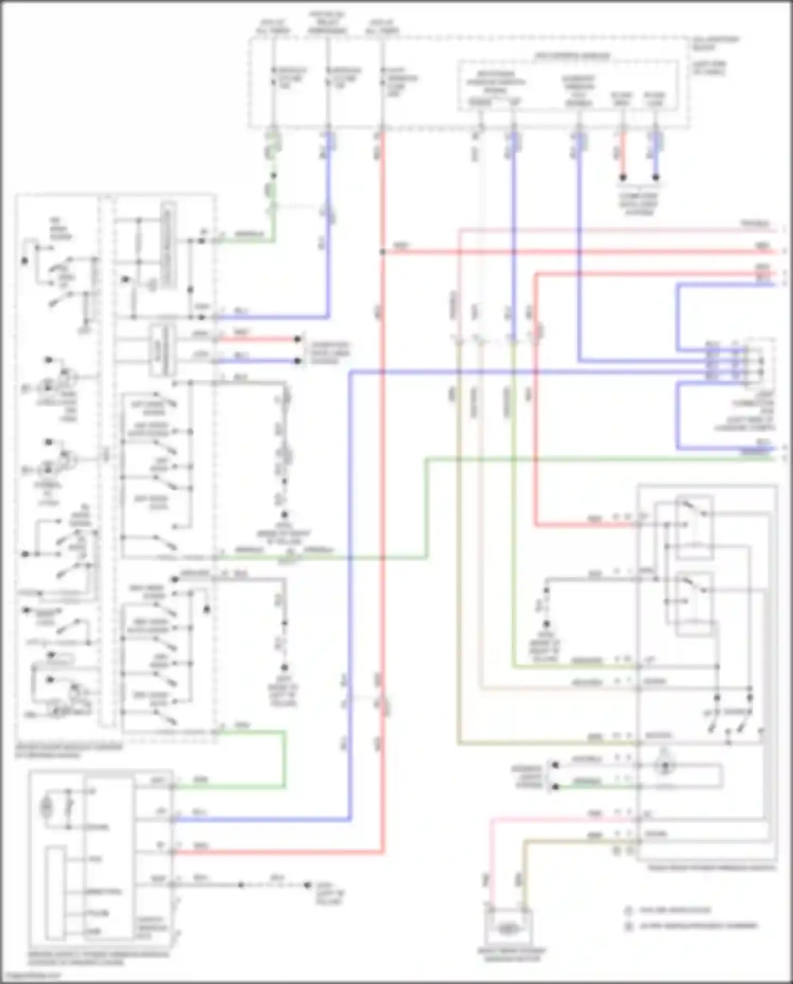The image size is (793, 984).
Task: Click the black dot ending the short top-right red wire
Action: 623,178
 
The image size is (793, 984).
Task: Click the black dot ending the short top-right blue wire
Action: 656,178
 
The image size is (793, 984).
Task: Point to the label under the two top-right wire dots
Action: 639,204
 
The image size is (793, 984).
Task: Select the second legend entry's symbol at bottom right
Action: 629,926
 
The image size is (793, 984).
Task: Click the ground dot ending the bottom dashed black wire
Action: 307,885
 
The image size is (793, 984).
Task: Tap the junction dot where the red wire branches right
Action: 382,252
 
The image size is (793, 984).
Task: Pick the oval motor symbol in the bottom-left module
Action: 48,807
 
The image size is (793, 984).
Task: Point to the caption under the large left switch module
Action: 69,751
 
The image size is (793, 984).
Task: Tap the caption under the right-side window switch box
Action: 712,868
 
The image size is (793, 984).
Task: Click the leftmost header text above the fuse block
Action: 273,27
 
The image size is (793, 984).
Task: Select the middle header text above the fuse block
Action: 327,23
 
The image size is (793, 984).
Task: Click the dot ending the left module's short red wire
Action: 298,339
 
